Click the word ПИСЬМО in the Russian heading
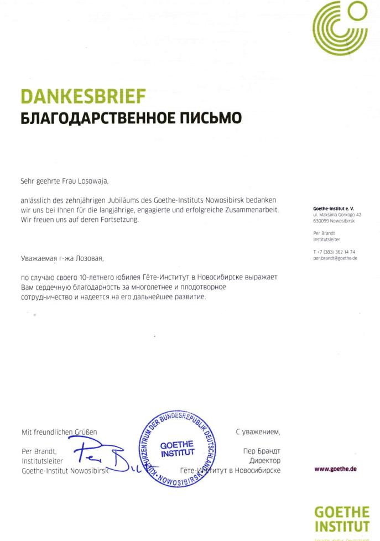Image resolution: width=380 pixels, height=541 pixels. pos(209,118)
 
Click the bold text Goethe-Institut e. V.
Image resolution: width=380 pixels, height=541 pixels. pos(329,209)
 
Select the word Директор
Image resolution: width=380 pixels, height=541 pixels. pos(266,460)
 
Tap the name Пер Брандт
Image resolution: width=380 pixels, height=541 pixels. pos(262,451)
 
